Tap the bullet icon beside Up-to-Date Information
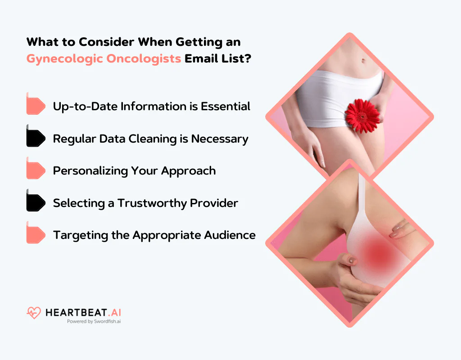pos(36,106)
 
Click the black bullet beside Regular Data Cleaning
pos(36,139)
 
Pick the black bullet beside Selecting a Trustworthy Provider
pos(36,203)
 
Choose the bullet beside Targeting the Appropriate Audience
pos(36,235)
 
